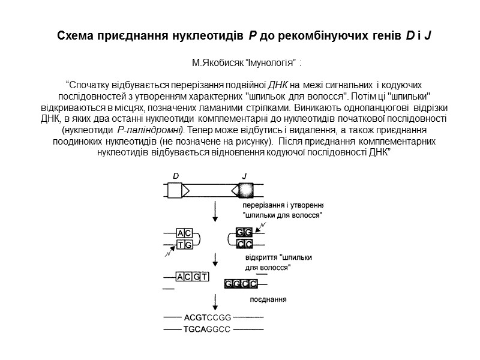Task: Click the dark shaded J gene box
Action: (x=244, y=190)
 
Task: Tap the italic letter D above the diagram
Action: (x=176, y=176)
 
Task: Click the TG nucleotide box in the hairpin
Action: (x=184, y=244)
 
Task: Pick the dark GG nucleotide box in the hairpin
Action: (x=244, y=232)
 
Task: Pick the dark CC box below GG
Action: (x=244, y=244)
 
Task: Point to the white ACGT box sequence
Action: (x=191, y=277)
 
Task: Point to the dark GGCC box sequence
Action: (x=241, y=283)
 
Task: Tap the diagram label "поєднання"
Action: (x=268, y=299)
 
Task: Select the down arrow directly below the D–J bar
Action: (x=215, y=211)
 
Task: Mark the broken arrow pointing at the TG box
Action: (x=170, y=251)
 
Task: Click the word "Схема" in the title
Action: (x=76, y=36)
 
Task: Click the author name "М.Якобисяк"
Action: (x=219, y=63)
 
